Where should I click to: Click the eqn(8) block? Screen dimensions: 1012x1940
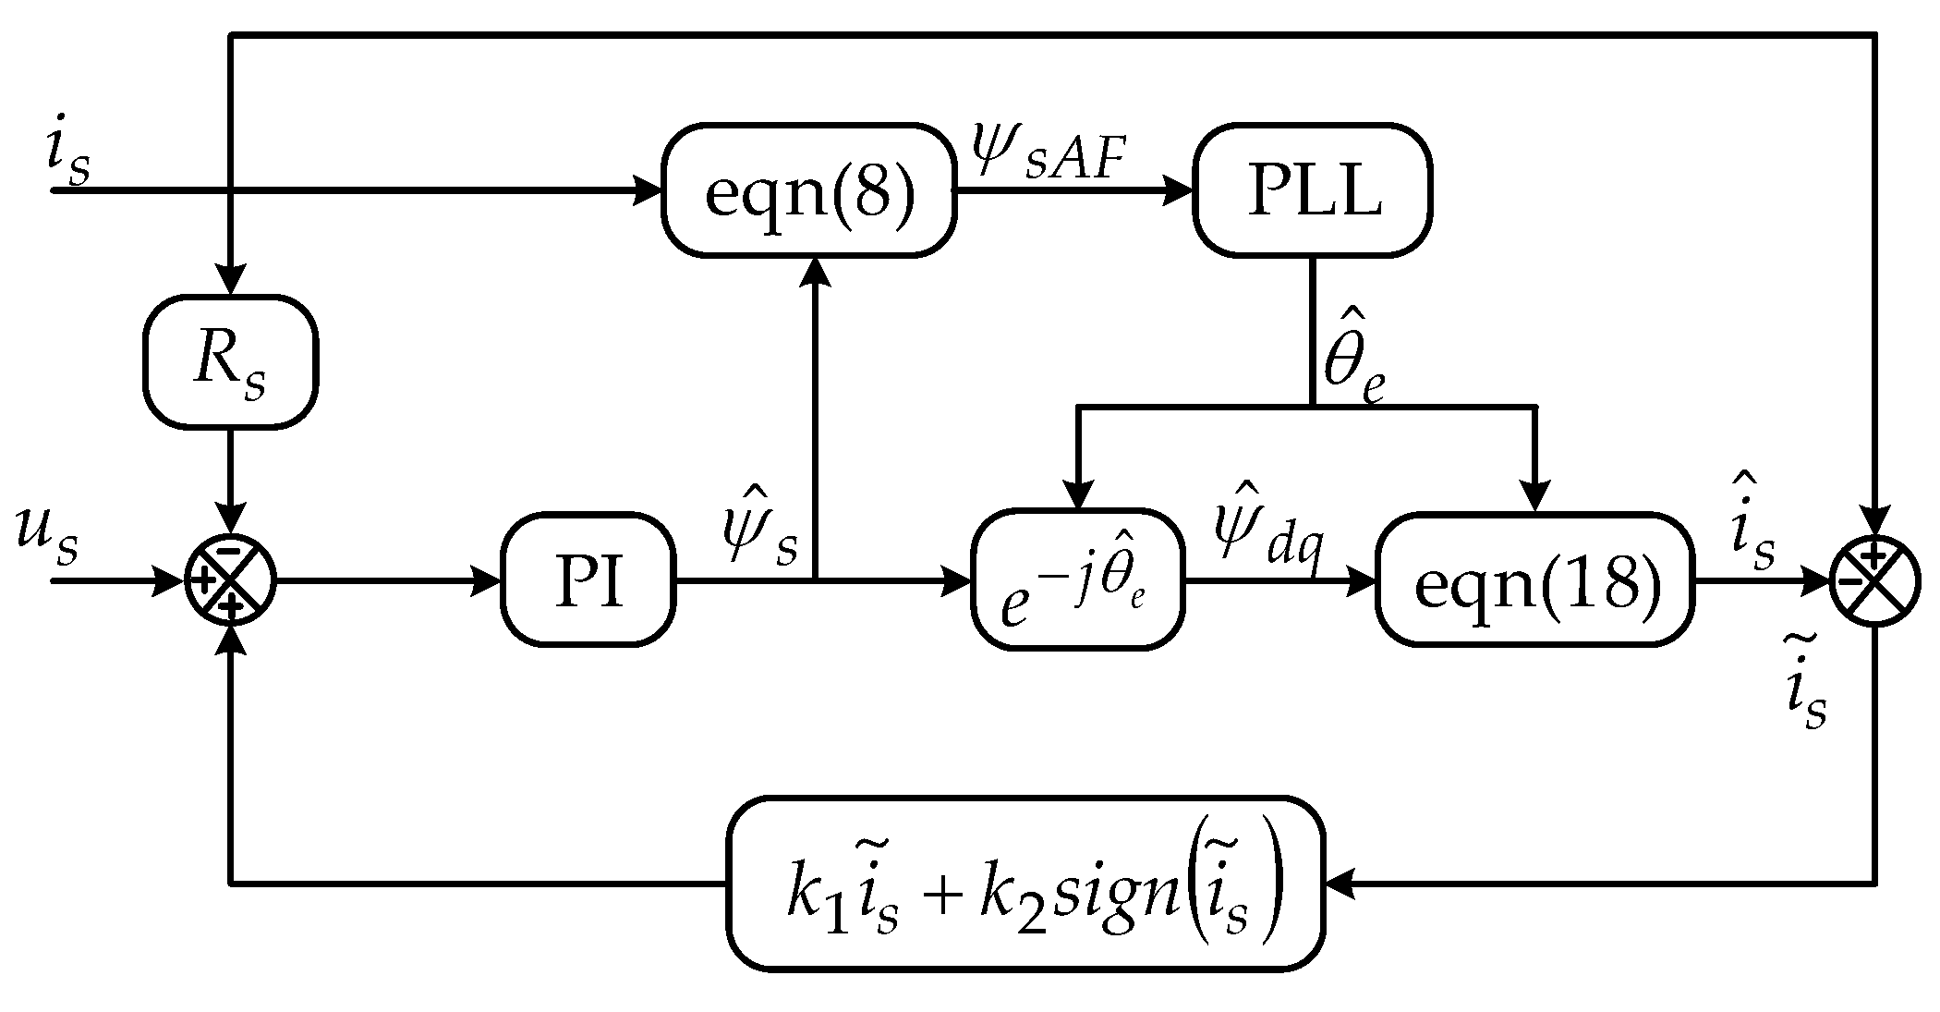point(808,190)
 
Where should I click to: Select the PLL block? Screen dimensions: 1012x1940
point(1312,190)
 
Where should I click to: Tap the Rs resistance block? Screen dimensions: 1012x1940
point(230,361)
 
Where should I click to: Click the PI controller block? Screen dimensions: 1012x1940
point(588,581)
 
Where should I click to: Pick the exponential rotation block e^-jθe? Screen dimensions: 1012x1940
point(1078,581)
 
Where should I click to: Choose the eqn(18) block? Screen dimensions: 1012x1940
point(1534,581)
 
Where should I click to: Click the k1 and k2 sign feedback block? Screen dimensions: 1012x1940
point(1025,883)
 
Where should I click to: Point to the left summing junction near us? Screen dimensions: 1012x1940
point(230,581)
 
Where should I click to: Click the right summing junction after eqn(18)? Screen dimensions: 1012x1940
point(1875,581)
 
